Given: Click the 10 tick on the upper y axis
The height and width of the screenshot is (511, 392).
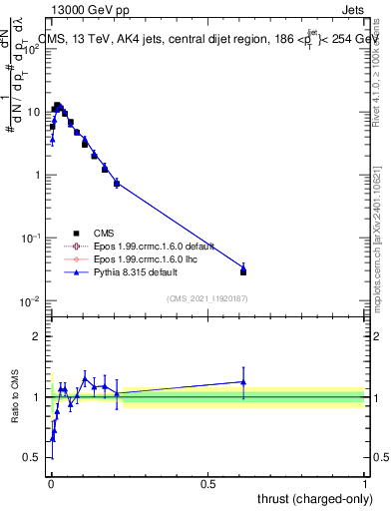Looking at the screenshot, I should pos(36,111).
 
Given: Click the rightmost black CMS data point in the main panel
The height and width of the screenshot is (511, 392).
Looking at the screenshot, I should pos(243,271).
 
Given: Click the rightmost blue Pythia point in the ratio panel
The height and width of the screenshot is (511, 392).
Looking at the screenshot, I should pos(243,381).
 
